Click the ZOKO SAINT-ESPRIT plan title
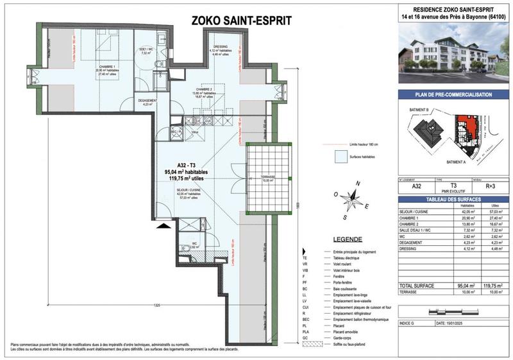tap(241, 21)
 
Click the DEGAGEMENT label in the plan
tap(146, 100)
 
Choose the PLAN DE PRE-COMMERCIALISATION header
tap(453, 95)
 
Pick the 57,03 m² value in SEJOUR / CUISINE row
tap(492, 211)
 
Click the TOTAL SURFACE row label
tap(417, 284)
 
